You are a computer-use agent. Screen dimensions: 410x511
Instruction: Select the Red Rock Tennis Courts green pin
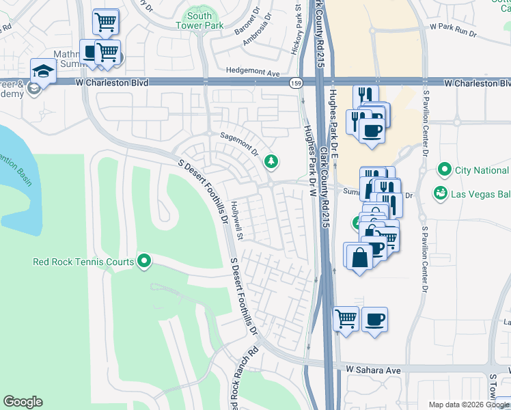coord(144,261)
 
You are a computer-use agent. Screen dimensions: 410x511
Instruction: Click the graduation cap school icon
coord(42,70)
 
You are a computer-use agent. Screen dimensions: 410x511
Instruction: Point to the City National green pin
coord(445,169)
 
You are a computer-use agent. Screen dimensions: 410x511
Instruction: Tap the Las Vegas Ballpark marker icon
coord(441,193)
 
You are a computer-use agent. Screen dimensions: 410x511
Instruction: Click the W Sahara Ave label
coord(372,369)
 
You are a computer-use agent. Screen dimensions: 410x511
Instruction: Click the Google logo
coord(23,402)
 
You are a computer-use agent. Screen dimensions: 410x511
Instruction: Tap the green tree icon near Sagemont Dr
coord(272,161)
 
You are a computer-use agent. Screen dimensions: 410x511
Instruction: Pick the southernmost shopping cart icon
coord(346,318)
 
